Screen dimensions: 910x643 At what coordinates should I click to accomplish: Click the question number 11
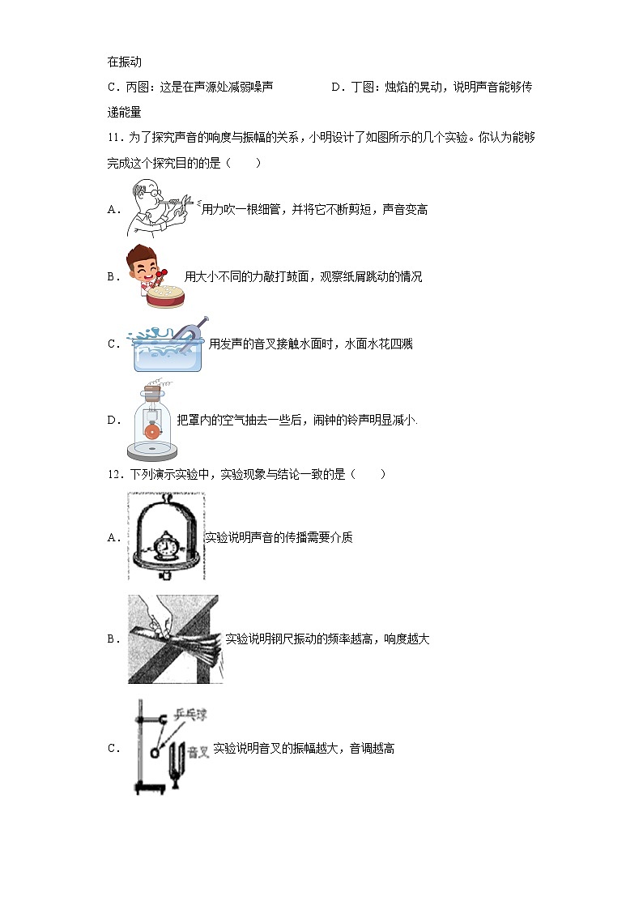113,138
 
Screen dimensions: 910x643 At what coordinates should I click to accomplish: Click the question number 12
113,474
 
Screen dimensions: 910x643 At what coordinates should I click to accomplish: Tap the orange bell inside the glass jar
151,433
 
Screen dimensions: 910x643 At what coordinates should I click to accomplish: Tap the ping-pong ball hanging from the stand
155,752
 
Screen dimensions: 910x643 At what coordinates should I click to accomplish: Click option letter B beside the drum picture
113,276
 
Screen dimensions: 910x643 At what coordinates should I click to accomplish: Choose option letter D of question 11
113,420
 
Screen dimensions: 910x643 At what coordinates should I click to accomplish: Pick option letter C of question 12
113,749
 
